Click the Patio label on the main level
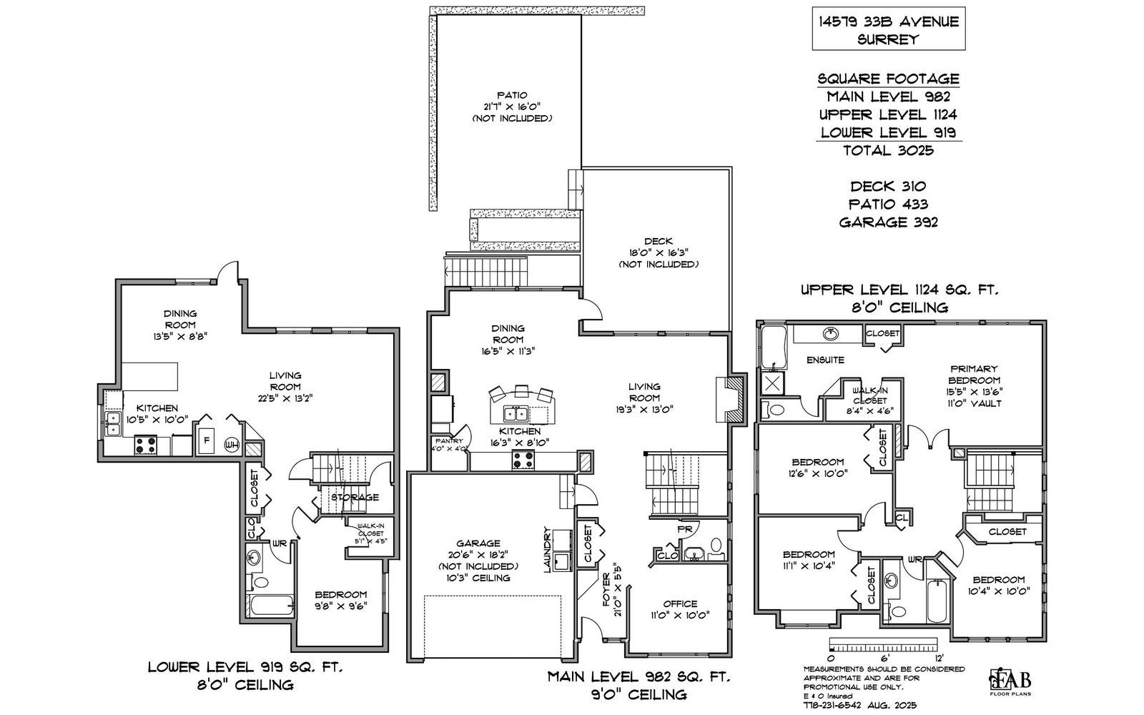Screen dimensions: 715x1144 click(x=513, y=95)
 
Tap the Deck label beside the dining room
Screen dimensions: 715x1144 click(x=658, y=242)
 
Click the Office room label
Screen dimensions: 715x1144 click(x=679, y=603)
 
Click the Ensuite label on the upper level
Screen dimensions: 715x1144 click(x=826, y=360)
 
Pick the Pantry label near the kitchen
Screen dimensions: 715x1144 click(x=448, y=441)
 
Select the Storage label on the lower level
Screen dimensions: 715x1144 click(x=355, y=497)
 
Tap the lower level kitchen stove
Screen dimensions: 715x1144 click(x=146, y=445)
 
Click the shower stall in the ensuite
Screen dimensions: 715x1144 click(x=773, y=383)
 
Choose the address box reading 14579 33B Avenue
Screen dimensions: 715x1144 click(x=888, y=30)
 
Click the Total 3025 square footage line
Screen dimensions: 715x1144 click(x=888, y=150)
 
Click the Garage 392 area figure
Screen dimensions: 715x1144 click(x=888, y=222)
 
